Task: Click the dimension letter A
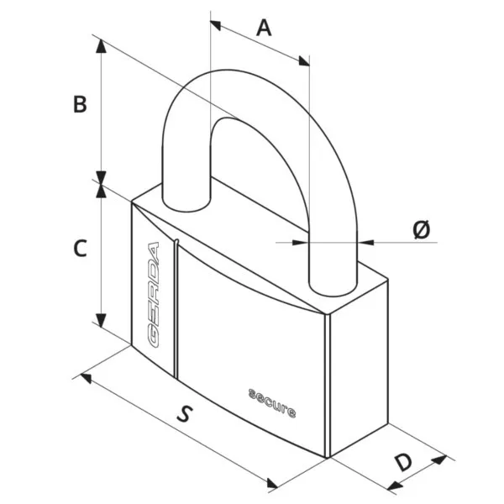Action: tap(264, 28)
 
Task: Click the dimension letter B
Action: tap(80, 104)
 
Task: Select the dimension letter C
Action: tap(80, 248)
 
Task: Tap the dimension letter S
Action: tap(185, 413)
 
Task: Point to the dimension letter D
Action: tap(402, 462)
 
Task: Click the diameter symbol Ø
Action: tap(421, 229)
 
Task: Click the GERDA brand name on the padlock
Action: tap(154, 295)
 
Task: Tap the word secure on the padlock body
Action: tap(272, 403)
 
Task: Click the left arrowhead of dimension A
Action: tap(215, 25)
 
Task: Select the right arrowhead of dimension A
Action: tap(304, 61)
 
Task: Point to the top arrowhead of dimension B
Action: tap(102, 45)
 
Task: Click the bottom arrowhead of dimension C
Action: tap(102, 321)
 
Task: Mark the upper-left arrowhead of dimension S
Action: tap(86, 378)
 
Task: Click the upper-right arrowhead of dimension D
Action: tap(439, 460)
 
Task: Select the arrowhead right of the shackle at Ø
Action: tap(365, 242)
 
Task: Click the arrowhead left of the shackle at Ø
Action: tap(301, 242)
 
